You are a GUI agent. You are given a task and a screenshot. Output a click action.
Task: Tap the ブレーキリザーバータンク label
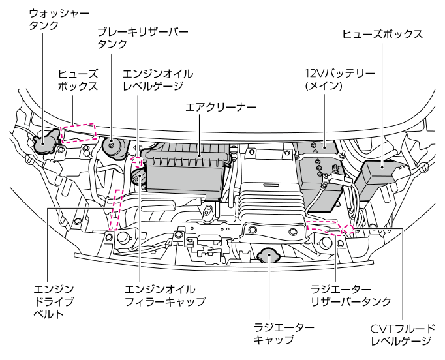142,38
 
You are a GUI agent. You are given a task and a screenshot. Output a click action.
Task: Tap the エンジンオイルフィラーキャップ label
164,295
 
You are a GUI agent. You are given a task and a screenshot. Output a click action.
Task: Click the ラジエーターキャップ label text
283,334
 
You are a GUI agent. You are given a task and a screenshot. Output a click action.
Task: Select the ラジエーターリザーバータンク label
350,295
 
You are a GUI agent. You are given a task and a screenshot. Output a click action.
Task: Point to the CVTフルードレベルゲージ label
402,334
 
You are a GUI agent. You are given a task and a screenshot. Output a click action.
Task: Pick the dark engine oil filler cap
138,177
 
